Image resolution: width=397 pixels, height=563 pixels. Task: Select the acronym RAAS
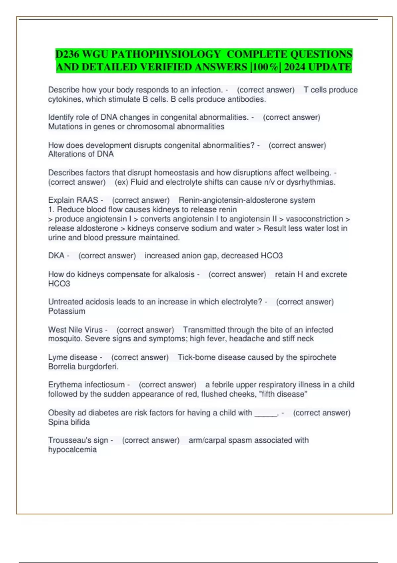coord(87,200)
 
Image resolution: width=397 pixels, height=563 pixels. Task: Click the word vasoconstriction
coord(314,219)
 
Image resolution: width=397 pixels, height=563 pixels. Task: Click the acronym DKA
coord(56,256)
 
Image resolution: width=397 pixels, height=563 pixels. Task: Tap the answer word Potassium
coord(66,311)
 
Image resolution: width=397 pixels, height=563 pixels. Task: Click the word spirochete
coord(318,357)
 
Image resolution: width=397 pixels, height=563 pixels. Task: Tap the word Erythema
coord(65,385)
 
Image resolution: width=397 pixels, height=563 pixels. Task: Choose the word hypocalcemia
coord(72,450)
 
